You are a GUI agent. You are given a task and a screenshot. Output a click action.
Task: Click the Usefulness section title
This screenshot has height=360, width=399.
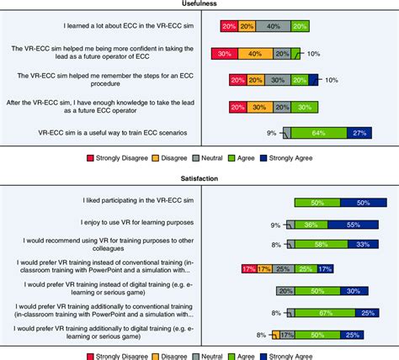pyautogui.click(x=199, y=4)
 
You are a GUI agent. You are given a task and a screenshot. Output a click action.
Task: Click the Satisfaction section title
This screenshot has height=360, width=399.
pyautogui.click(x=199, y=180)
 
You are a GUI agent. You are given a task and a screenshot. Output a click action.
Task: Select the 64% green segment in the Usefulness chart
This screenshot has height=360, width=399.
pyautogui.click(x=318, y=133)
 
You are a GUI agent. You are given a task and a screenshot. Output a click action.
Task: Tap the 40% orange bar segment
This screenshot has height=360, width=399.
pyautogui.click(x=251, y=54)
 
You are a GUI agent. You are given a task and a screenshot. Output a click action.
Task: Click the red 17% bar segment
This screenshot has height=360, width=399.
pyautogui.click(x=248, y=268)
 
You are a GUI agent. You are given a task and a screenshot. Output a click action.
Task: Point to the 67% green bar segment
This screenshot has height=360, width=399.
pyautogui.click(x=323, y=312)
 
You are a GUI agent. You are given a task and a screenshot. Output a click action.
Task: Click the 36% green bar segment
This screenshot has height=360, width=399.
pyautogui.click(x=310, y=225)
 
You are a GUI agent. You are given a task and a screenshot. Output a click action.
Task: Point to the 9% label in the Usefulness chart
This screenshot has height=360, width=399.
pyautogui.click(x=272, y=133)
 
